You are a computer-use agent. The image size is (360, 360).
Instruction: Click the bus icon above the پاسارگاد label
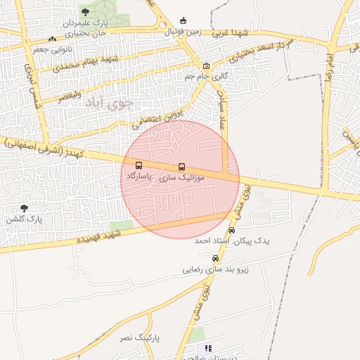click(x=139, y=166)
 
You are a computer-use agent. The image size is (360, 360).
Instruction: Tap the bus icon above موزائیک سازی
click(x=182, y=167)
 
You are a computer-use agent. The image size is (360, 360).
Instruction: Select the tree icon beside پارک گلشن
click(x=25, y=208)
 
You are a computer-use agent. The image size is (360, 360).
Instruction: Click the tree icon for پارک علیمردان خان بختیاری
click(x=86, y=12)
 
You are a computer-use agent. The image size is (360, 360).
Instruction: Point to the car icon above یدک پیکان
click(x=232, y=230)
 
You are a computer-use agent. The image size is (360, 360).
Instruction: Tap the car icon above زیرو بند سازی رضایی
click(x=215, y=258)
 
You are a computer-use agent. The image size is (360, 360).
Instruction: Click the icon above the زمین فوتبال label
click(x=184, y=20)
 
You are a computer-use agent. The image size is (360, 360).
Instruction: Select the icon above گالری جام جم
click(x=206, y=65)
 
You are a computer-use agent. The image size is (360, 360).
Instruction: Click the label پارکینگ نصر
click(x=139, y=338)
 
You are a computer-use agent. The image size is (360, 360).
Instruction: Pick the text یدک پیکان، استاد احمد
click(x=231, y=240)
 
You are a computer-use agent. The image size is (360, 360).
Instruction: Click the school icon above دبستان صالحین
click(x=207, y=347)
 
